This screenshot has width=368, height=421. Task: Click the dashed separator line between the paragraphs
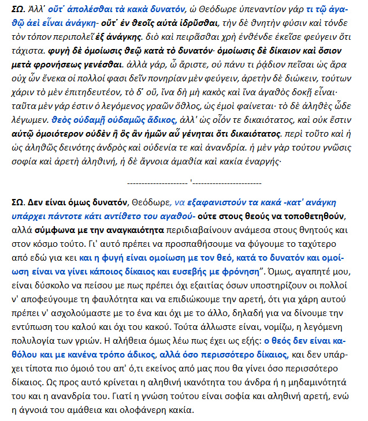pos(191,182)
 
